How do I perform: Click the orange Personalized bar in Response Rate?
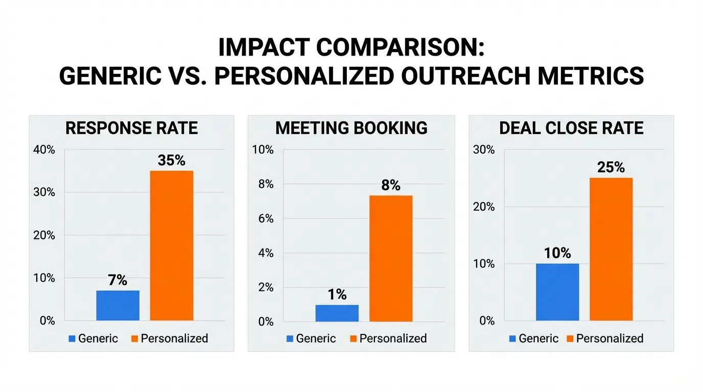pyautogui.click(x=172, y=246)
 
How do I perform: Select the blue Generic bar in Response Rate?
pyautogui.click(x=118, y=305)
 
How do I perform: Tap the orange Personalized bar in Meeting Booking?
pyautogui.click(x=391, y=258)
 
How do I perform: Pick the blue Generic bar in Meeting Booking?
pyautogui.click(x=337, y=313)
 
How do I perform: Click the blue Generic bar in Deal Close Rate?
pyautogui.click(x=557, y=292)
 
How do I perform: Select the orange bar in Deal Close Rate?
pyautogui.click(x=611, y=249)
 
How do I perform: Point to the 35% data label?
pyautogui.click(x=172, y=160)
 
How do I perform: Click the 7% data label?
pyautogui.click(x=118, y=280)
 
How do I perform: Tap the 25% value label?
pyautogui.click(x=611, y=167)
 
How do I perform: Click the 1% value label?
pyautogui.click(x=337, y=295)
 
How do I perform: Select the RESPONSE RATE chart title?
pyautogui.click(x=132, y=128)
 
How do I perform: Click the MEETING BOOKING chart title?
pyautogui.click(x=351, y=128)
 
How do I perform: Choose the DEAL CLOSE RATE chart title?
pyautogui.click(x=571, y=128)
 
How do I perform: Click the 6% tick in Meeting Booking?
pyautogui.click(x=264, y=218)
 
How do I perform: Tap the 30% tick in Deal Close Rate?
pyautogui.click(x=484, y=150)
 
